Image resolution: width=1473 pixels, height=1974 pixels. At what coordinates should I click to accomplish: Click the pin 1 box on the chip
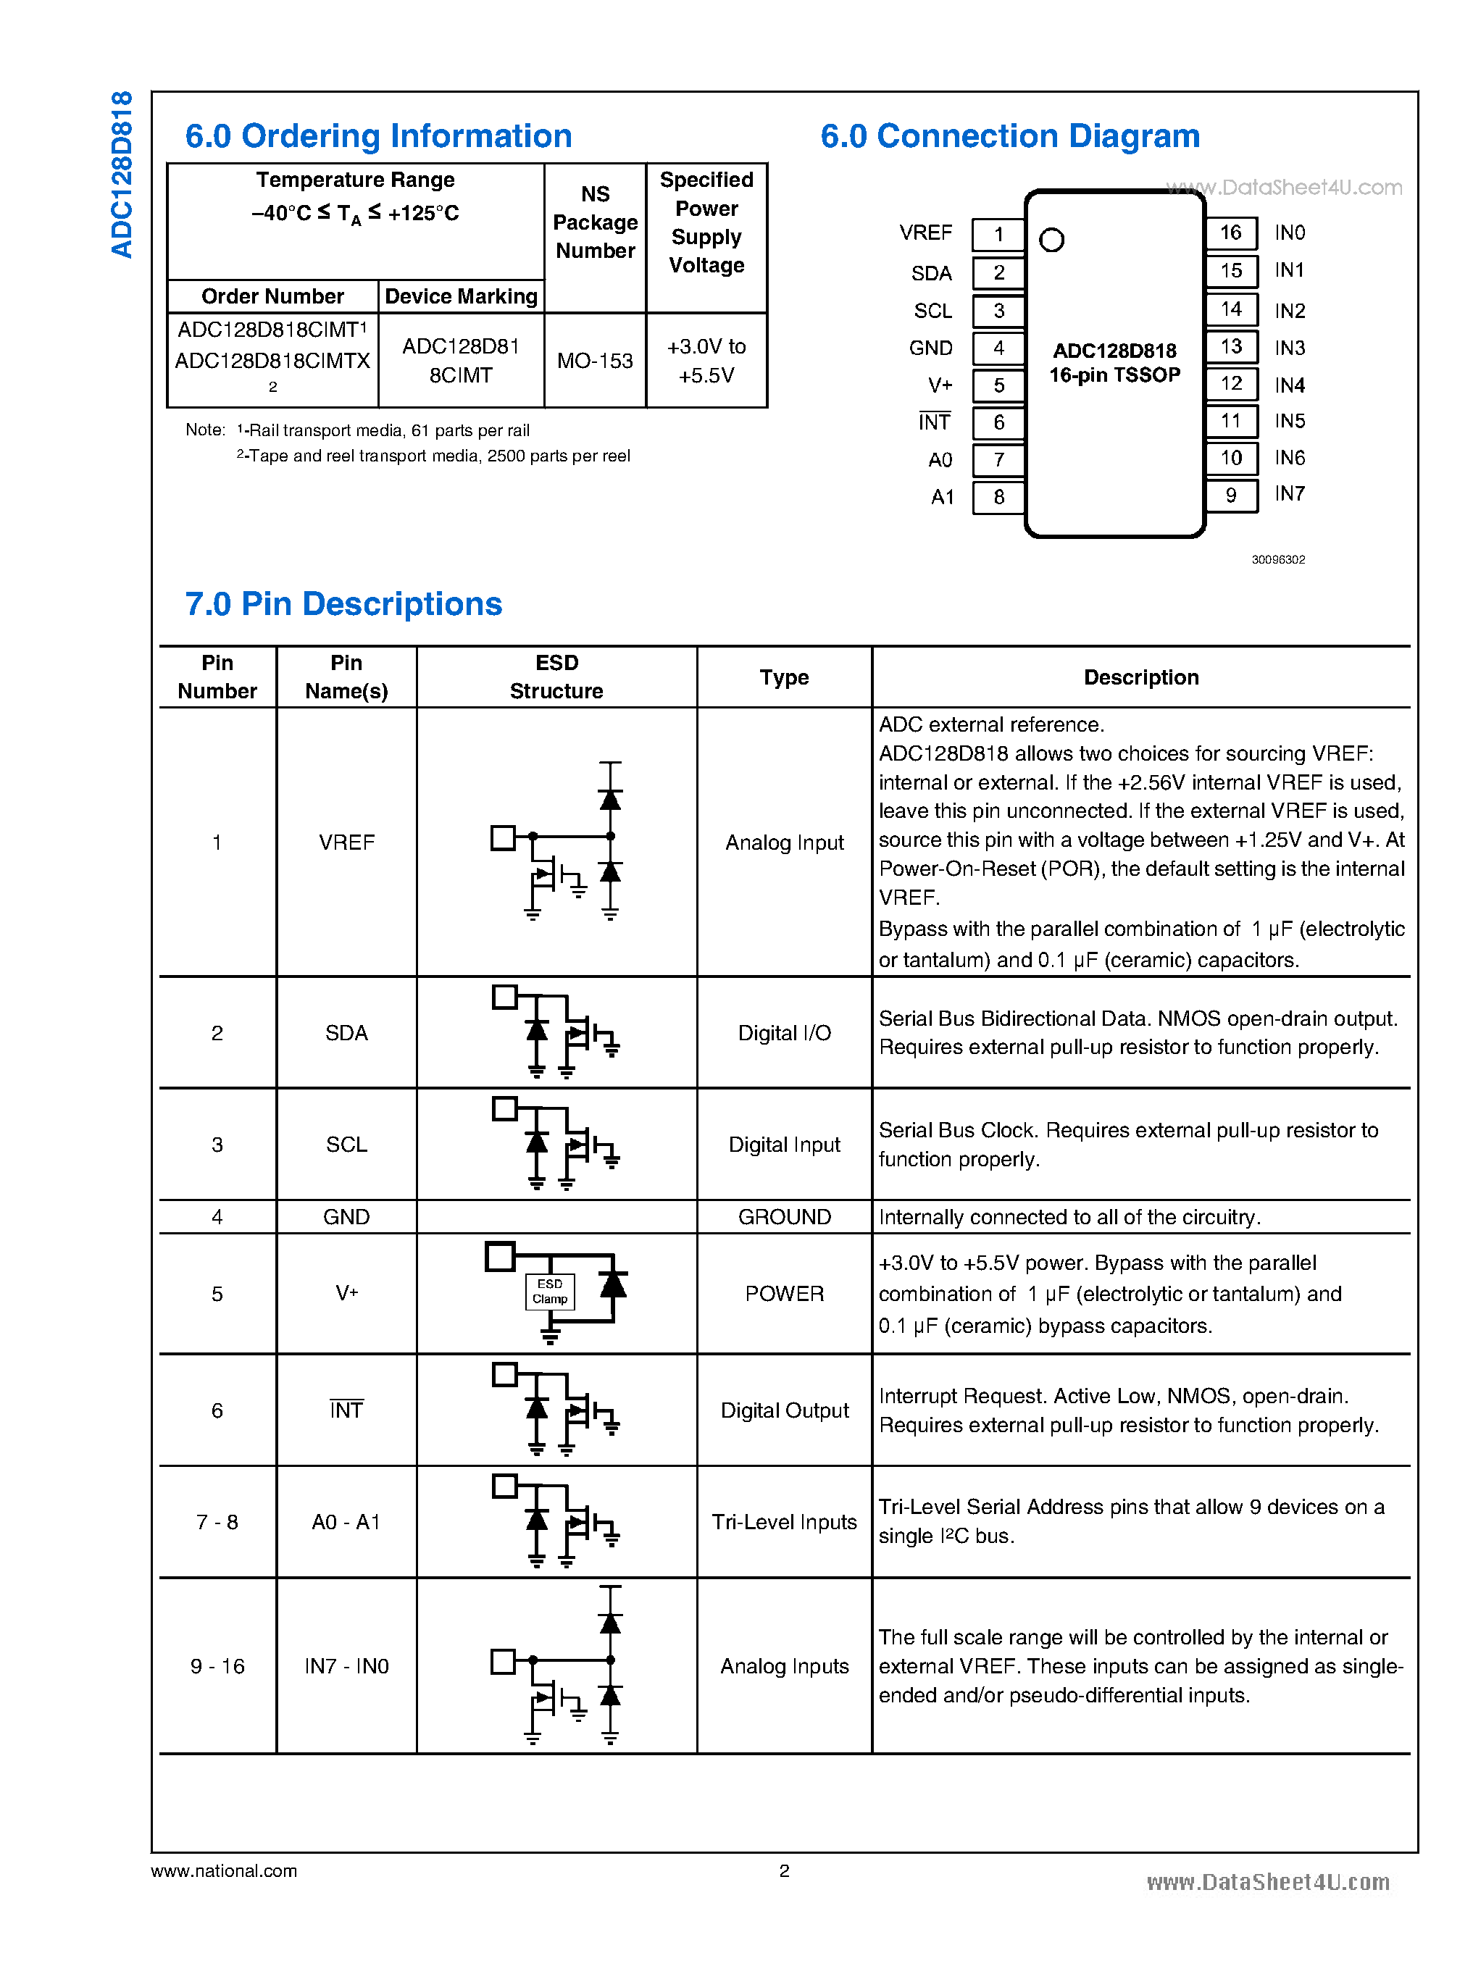coord(998,235)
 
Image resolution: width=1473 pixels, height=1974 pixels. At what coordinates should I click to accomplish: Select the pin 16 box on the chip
coord(1230,233)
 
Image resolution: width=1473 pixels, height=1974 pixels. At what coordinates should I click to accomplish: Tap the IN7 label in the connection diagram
coord(1289,494)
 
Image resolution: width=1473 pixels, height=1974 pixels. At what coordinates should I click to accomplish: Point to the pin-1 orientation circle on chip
coord(1051,240)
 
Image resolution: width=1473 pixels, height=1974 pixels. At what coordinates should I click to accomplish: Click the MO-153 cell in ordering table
coord(595,361)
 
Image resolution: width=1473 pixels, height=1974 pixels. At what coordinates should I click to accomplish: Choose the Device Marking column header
coord(461,297)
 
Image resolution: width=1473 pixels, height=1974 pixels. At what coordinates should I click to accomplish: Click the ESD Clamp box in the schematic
coord(550,1291)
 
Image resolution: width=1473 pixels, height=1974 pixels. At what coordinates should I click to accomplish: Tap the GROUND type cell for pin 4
coord(784,1217)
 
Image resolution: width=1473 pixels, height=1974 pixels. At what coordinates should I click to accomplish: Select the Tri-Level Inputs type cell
coord(784,1522)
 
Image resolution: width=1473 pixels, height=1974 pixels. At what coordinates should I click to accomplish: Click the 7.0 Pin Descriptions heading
coord(343,603)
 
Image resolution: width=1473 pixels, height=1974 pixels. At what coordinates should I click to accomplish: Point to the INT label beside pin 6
coord(935,422)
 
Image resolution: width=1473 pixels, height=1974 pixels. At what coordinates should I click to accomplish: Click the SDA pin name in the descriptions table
coord(346,1032)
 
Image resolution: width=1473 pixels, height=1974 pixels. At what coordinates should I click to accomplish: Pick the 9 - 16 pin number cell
coord(217,1666)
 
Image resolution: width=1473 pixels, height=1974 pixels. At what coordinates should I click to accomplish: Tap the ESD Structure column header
coord(556,677)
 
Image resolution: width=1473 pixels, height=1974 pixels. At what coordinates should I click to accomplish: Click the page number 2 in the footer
coord(784,1870)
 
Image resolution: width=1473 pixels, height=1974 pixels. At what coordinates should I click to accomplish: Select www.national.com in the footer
coord(224,1870)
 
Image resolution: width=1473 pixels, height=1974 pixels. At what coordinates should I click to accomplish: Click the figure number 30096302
coord(1277,560)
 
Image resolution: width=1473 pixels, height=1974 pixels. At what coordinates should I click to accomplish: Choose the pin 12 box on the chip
coord(1230,383)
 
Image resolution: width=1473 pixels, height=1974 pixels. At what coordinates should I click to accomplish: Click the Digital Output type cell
coord(784,1410)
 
